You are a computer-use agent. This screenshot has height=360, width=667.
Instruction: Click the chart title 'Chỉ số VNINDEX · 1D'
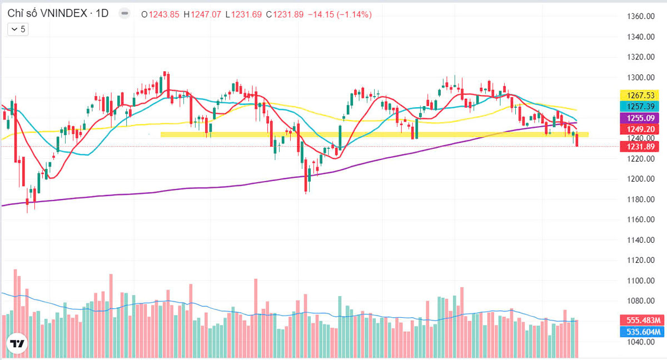(58, 14)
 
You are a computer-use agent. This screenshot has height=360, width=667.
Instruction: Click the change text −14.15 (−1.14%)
(340, 14)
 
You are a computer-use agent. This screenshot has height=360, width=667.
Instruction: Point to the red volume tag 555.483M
(641, 321)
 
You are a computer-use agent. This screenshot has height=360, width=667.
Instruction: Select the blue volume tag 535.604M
(641, 332)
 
